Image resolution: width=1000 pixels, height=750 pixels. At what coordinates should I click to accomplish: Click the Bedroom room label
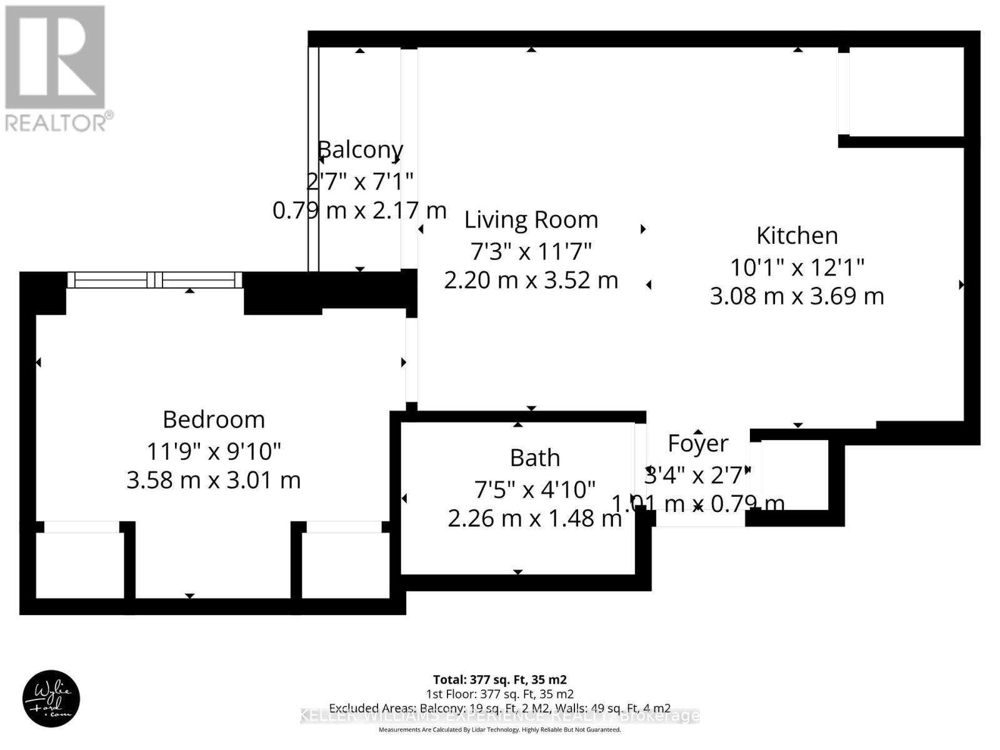coord(214,419)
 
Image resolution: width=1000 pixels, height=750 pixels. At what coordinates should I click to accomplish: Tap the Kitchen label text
coord(797,236)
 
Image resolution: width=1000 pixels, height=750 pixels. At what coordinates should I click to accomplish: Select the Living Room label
coord(531,220)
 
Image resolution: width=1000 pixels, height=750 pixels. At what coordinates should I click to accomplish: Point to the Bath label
coord(534,458)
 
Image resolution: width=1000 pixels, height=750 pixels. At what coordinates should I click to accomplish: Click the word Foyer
coord(697,444)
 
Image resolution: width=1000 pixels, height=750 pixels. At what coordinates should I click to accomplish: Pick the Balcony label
coord(361,150)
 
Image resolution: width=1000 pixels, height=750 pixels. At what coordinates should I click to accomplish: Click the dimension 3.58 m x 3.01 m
coord(214,480)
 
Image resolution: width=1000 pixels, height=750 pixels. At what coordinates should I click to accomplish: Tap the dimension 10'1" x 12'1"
coord(797,267)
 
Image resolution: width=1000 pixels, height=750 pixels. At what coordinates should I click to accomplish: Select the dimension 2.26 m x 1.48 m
coord(534,518)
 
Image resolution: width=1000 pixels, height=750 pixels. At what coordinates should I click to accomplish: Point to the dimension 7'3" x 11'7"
coord(531,251)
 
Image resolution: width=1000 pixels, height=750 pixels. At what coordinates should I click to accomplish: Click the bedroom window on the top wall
coord(154,279)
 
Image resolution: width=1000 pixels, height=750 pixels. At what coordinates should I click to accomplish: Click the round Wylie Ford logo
coord(51,699)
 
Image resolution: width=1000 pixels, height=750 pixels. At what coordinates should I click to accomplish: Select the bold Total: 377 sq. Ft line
coord(499,679)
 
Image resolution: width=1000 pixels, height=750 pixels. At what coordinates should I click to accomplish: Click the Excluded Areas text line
coord(499,708)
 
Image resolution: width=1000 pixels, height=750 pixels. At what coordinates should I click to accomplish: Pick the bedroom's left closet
coord(77,565)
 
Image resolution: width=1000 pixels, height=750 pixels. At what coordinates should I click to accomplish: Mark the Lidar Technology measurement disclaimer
coord(499,729)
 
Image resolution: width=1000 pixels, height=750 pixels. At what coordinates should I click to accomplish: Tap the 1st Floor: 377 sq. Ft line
coord(499,694)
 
